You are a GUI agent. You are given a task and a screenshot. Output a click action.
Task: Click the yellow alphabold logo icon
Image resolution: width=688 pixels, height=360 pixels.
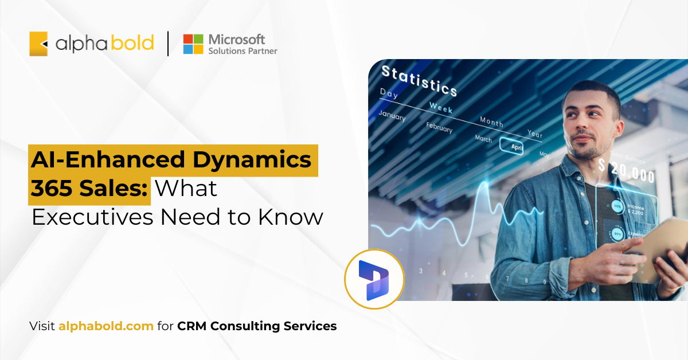[38, 44]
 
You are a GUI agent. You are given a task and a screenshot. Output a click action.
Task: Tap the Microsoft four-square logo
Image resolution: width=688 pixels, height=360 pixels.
[193, 44]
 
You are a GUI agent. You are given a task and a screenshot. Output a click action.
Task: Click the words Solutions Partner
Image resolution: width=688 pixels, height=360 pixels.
[243, 51]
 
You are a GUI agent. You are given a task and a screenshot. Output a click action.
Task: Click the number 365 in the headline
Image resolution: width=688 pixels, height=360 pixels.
[52, 188]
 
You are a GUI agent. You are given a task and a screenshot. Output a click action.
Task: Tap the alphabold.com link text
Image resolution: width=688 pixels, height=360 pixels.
[106, 326]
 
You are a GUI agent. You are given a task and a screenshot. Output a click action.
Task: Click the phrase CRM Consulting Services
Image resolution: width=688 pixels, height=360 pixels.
[257, 326]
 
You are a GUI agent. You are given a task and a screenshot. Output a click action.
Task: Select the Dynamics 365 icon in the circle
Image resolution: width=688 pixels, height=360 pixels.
[374, 279]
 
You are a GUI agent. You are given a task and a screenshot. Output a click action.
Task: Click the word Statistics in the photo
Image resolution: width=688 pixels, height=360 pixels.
[419, 81]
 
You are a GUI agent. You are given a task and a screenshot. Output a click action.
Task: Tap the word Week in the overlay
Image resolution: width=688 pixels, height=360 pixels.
[441, 107]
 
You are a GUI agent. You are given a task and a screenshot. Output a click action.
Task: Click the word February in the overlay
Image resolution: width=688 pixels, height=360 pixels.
[439, 127]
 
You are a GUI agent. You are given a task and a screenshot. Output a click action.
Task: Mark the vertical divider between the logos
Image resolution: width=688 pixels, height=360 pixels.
[168, 44]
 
